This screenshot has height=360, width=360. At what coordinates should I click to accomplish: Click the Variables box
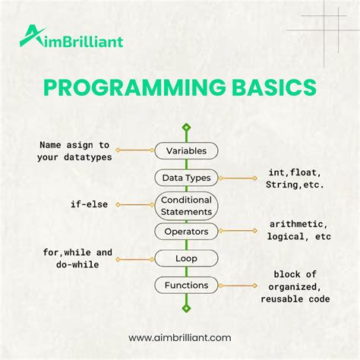click(186, 151)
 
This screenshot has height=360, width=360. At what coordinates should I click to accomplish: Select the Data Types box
click(186, 178)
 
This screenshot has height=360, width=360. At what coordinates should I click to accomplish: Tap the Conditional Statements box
click(186, 204)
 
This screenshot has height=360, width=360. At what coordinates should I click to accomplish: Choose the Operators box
click(186, 231)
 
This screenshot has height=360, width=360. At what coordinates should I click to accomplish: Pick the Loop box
click(186, 258)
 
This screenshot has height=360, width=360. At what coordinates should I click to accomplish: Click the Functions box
click(186, 286)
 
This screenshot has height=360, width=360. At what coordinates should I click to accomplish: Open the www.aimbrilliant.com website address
click(179, 336)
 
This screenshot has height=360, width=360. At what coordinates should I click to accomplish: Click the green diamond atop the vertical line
click(186, 128)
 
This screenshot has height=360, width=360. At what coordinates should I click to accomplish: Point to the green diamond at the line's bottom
click(186, 308)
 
